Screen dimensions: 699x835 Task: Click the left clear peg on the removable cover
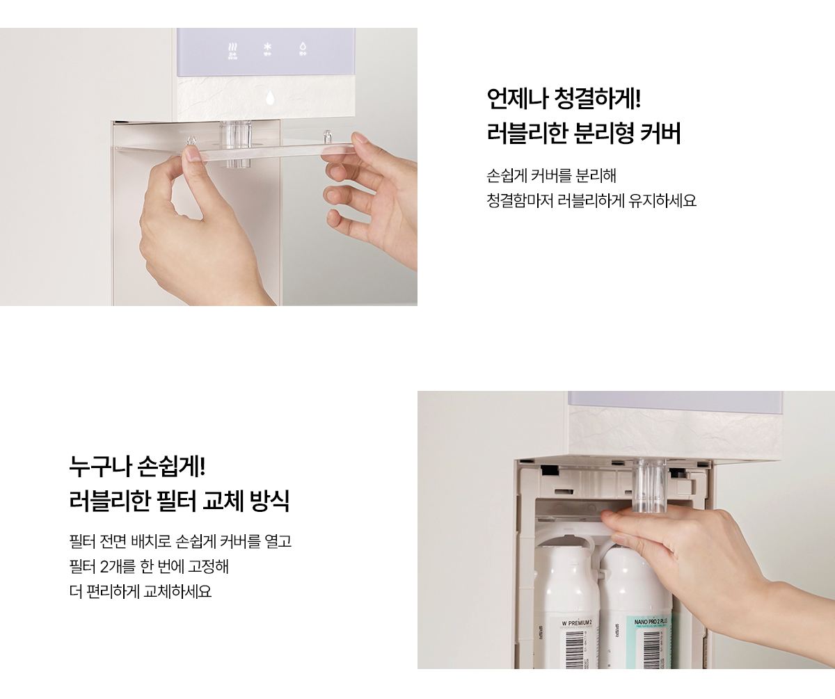point(192,142)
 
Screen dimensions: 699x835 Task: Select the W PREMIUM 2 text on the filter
point(577,622)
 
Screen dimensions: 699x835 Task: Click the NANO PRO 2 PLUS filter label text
point(651,620)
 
